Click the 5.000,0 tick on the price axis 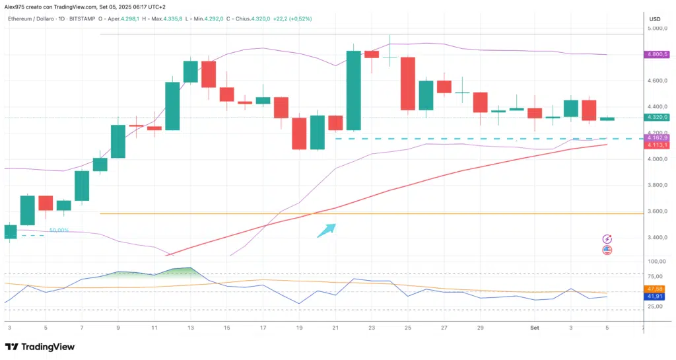658,29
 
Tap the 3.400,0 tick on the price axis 658,237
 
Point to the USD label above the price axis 655,18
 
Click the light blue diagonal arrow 327,230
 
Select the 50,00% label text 59,231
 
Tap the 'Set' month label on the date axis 535,327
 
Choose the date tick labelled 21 336,327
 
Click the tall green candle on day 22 354,90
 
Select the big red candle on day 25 408,83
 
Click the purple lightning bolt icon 607,239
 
